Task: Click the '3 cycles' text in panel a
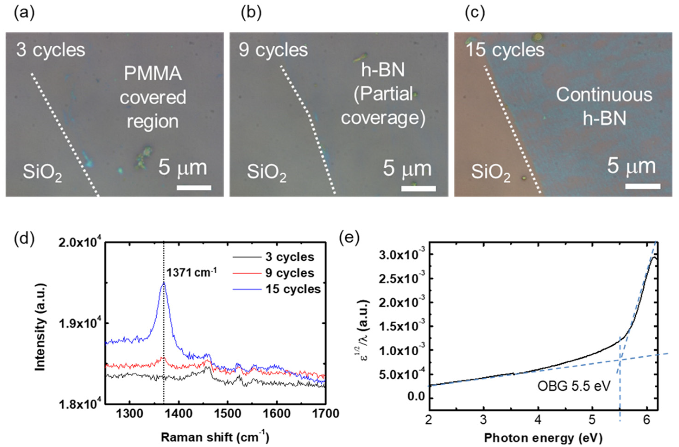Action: coord(51,50)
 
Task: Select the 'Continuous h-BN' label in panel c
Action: coord(604,106)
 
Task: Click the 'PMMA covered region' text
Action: coord(153,97)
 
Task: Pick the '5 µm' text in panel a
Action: coord(183,168)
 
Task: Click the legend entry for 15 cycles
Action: coord(293,289)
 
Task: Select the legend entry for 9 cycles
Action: coord(290,273)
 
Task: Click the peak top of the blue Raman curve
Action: coord(164,283)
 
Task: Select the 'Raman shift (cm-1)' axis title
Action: coord(215,437)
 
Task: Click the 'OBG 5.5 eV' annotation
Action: coord(573,386)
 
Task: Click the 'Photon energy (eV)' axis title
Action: coord(543,437)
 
